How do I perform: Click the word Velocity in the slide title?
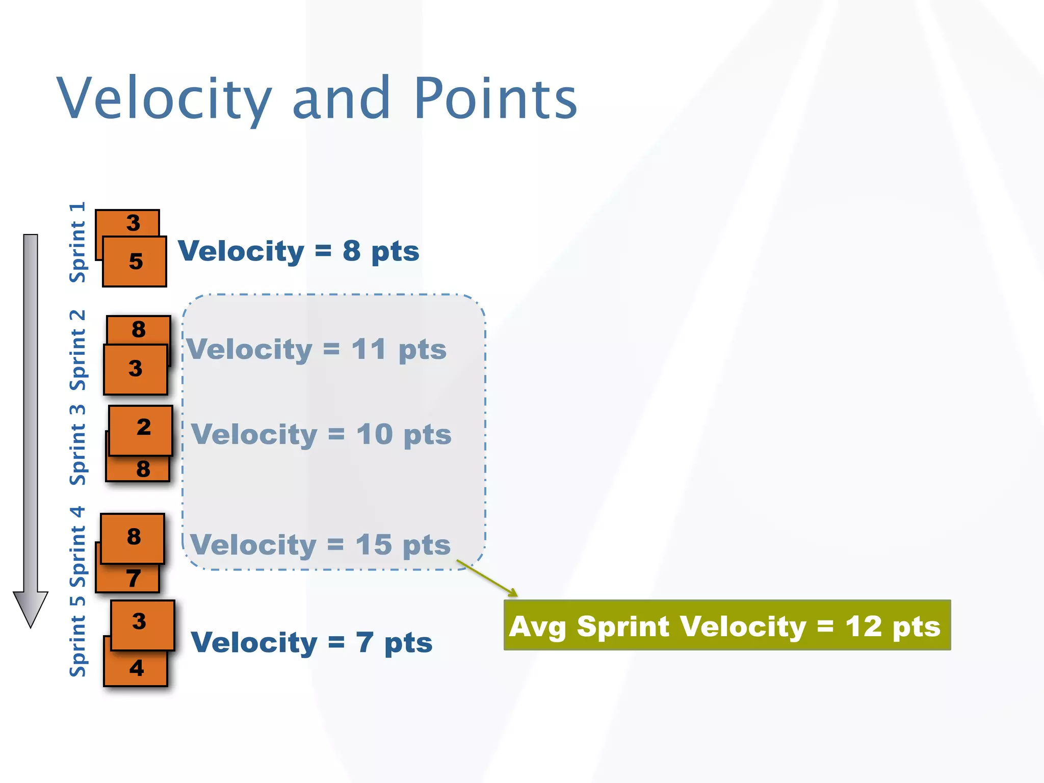[164, 98]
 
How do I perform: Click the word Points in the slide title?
[495, 98]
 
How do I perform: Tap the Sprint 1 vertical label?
[77, 243]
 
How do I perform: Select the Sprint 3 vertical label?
[77, 445]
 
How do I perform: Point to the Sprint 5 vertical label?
[77, 637]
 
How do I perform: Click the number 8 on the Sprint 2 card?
[139, 329]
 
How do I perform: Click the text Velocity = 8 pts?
[298, 251]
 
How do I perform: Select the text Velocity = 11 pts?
[316, 350]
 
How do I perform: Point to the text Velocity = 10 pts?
[321, 435]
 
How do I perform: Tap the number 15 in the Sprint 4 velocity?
[374, 544]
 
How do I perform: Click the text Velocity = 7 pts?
[311, 642]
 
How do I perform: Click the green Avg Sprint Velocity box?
[727, 625]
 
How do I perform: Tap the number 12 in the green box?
[863, 627]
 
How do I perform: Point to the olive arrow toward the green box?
[487, 578]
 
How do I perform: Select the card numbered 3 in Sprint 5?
[142, 624]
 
